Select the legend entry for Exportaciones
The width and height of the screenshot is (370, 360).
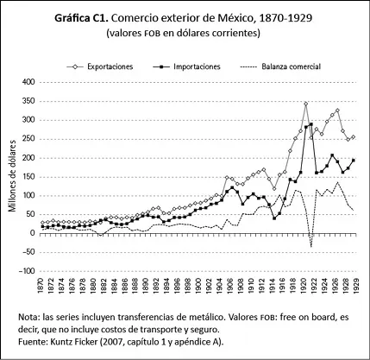click(x=103, y=66)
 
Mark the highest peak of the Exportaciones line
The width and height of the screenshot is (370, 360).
click(x=305, y=104)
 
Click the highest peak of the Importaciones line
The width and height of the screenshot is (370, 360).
click(x=310, y=124)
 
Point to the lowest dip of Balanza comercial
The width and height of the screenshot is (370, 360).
click(x=310, y=247)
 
